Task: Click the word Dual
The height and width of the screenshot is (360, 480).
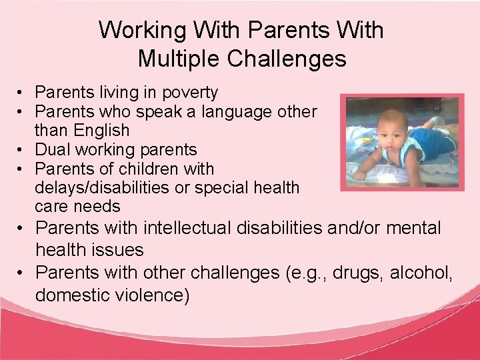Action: click(51, 149)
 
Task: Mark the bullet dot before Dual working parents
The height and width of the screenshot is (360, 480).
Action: click(22, 149)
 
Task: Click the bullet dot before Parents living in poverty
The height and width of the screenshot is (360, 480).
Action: click(22, 92)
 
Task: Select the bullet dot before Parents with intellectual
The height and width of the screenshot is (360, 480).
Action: click(22, 229)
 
